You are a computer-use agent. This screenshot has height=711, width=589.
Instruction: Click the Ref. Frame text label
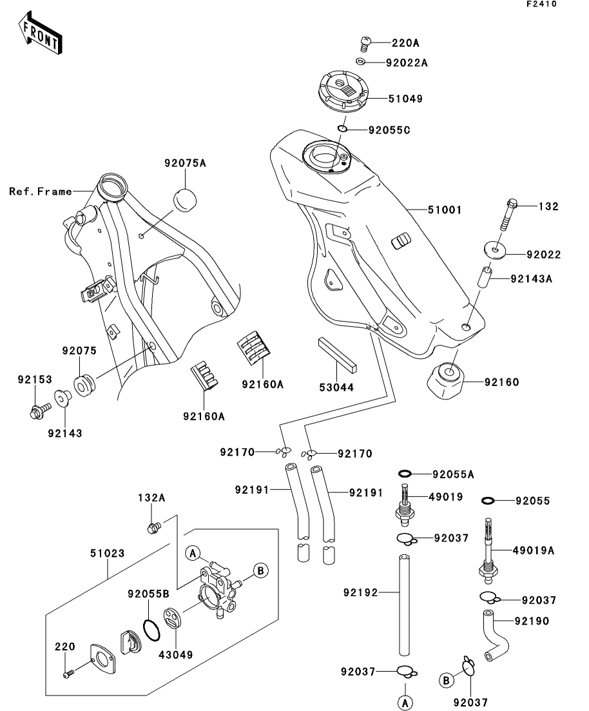40,191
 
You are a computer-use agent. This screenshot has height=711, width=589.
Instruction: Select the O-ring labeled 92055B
151,630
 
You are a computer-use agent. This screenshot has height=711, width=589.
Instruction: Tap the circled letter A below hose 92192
405,702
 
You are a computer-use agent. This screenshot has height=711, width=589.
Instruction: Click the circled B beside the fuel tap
260,570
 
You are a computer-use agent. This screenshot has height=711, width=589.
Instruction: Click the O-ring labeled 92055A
404,474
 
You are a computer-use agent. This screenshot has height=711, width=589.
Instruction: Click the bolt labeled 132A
153,529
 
